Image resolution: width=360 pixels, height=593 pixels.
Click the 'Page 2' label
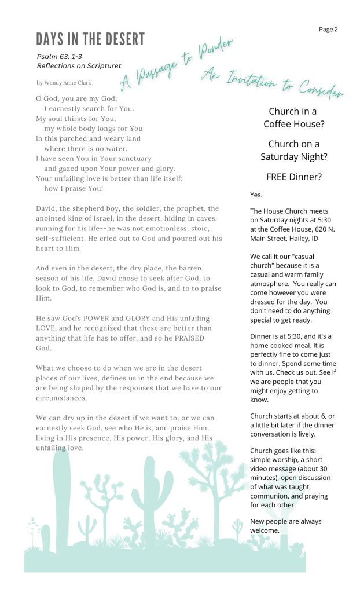[328, 30]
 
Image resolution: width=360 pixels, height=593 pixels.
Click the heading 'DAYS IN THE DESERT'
[90, 39]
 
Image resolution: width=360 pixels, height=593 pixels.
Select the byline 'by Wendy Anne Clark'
[64, 83]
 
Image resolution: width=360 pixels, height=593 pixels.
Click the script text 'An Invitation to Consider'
[273, 82]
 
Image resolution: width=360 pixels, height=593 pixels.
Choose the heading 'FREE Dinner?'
[293, 177]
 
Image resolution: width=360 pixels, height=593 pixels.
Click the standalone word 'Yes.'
[256, 195]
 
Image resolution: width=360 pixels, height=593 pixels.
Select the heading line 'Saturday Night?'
[293, 156]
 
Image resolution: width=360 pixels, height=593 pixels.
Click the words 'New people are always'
[285, 521]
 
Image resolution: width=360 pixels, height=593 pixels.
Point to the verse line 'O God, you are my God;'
[76, 99]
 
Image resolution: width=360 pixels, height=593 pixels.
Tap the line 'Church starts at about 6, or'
[292, 416]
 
